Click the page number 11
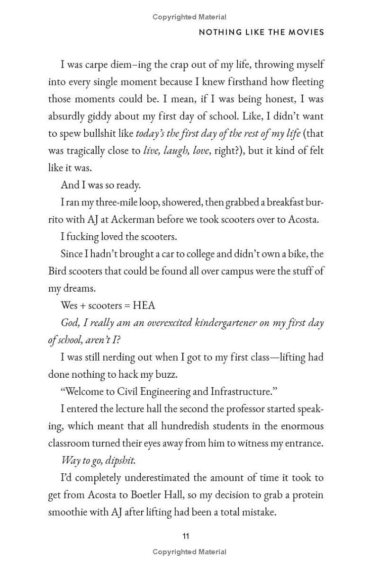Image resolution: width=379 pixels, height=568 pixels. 185,536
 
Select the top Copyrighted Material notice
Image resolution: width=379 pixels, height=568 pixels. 189,17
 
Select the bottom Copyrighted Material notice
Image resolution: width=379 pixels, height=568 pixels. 189,552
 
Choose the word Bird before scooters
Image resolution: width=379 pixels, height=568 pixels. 58,271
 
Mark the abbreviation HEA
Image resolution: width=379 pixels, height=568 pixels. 144,305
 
